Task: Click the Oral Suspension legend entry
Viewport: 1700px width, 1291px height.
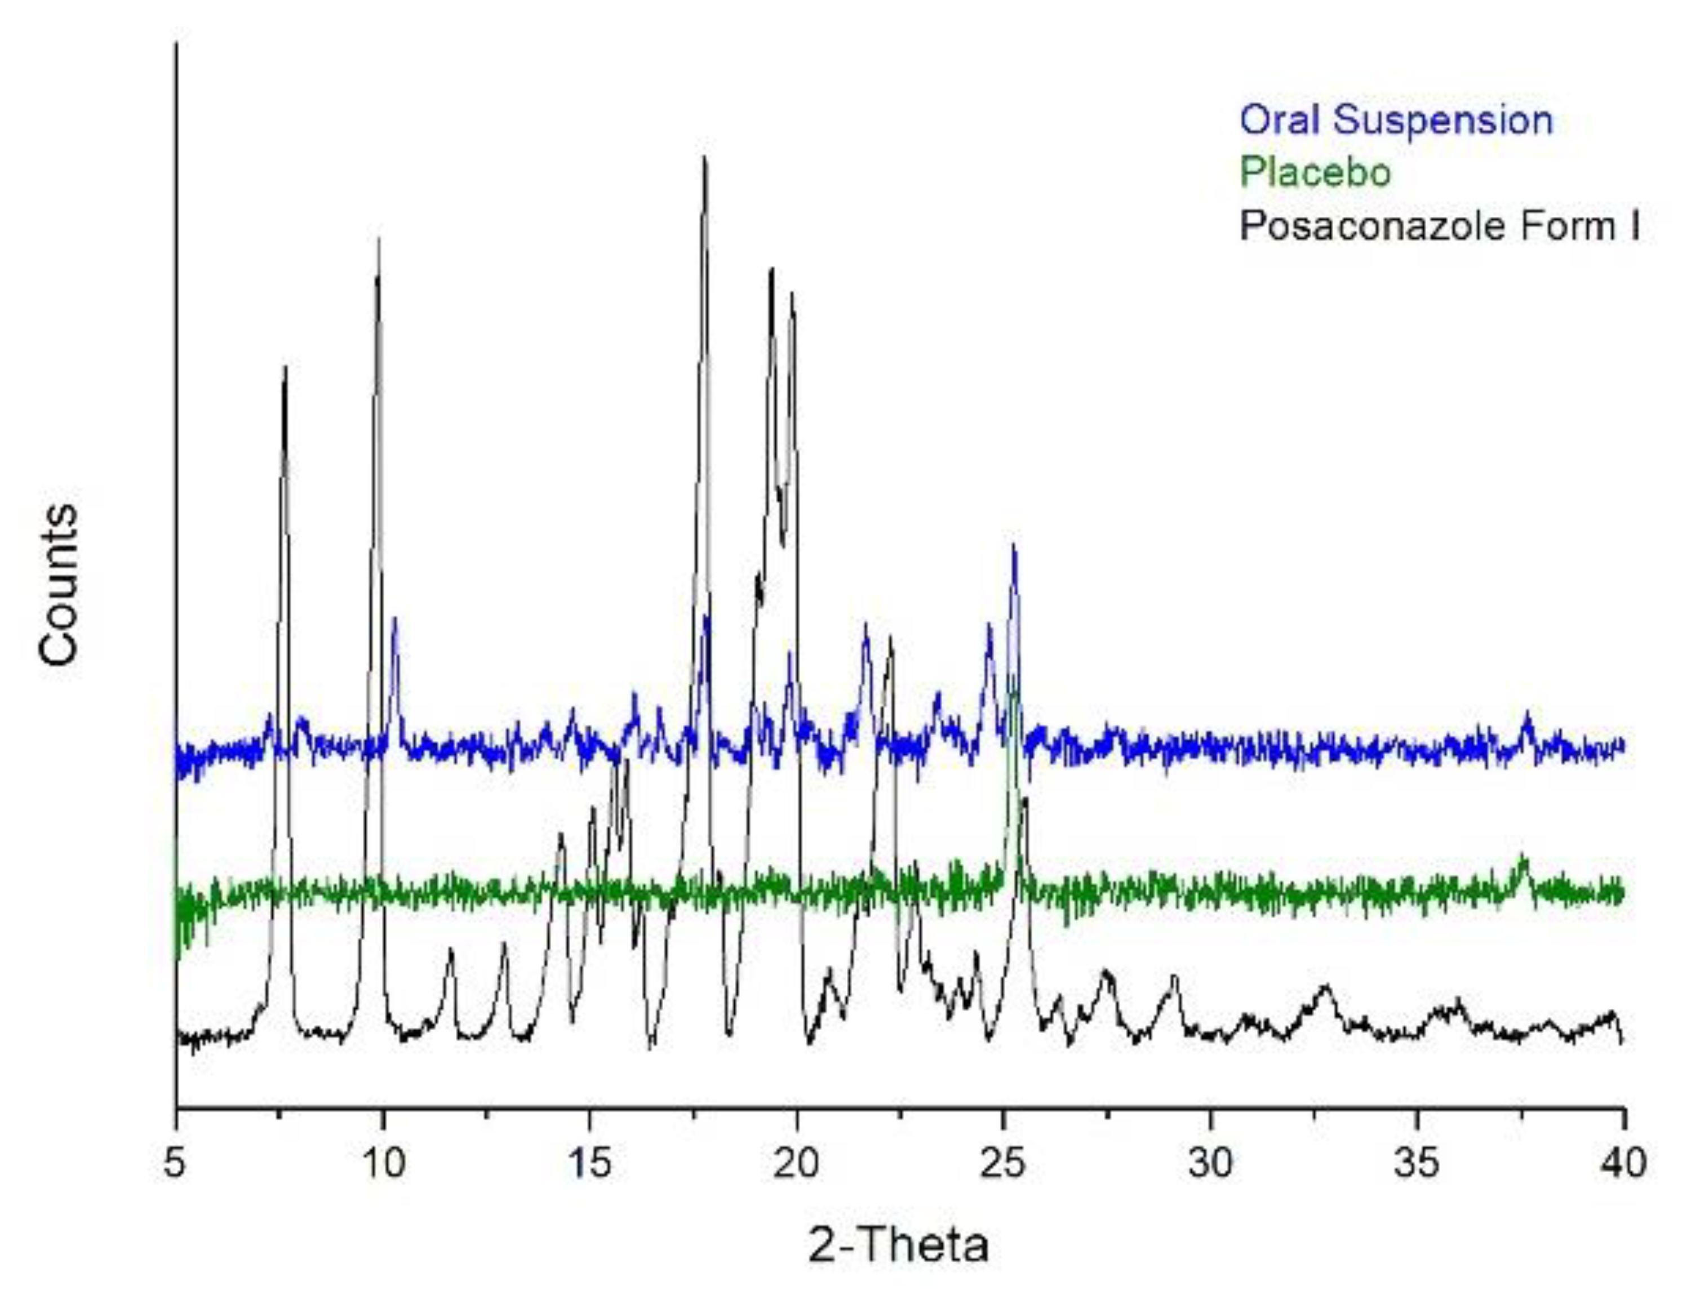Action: tap(1396, 121)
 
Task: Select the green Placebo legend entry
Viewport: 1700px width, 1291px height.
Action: tap(1315, 172)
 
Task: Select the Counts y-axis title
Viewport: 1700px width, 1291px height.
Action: tap(59, 584)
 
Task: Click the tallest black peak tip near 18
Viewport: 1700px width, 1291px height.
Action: tap(704, 158)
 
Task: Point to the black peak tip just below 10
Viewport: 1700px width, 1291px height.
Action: tap(378, 240)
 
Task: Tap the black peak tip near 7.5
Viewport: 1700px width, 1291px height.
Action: tap(285, 367)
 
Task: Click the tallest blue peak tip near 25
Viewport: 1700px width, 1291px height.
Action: tap(1013, 546)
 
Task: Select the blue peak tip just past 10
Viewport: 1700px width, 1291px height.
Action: tap(394, 618)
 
